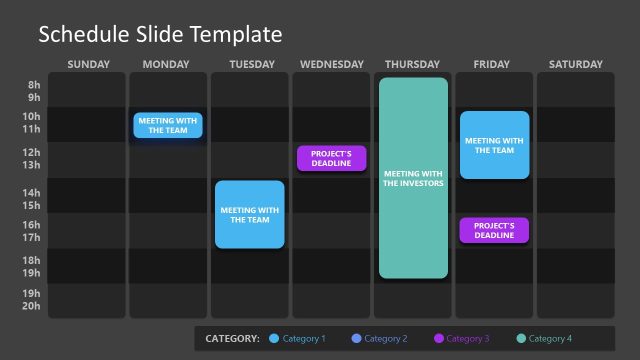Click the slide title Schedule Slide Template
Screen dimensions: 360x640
click(160, 35)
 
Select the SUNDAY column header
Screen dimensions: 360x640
click(88, 65)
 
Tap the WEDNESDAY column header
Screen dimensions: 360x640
click(331, 65)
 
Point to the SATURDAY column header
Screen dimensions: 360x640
click(576, 65)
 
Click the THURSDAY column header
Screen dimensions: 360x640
click(412, 65)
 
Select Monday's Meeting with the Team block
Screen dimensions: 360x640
click(169, 125)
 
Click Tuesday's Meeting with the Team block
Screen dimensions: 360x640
click(250, 214)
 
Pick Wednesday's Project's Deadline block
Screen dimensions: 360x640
click(331, 158)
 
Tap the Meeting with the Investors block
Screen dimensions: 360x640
click(413, 178)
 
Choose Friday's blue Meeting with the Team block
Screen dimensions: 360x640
click(495, 145)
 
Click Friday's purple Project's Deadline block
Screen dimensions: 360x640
click(494, 230)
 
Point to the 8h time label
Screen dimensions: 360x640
click(34, 85)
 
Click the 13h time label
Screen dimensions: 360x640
click(32, 165)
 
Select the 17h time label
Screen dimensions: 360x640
click(32, 237)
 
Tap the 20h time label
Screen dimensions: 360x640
click(32, 306)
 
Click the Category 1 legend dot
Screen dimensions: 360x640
click(275, 339)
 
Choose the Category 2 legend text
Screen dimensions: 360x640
click(385, 339)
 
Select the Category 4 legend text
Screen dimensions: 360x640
click(550, 339)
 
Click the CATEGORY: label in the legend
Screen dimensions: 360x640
click(232, 339)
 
